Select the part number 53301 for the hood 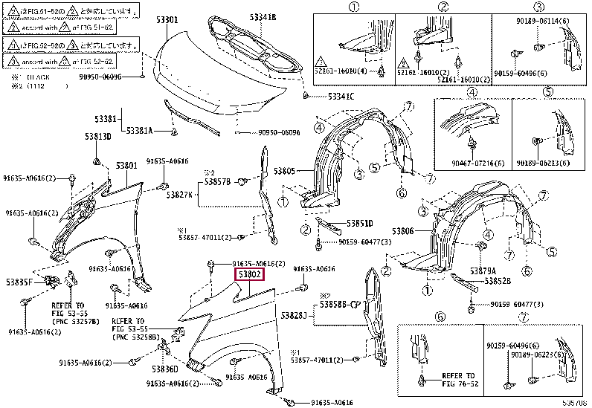(x=166, y=20)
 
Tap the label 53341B (x=263, y=16)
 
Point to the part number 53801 (x=126, y=165)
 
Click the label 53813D (x=97, y=137)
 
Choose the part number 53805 (x=286, y=171)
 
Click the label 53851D (x=360, y=224)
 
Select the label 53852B (x=498, y=281)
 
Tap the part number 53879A (x=483, y=271)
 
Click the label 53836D (x=165, y=369)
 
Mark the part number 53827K (x=180, y=195)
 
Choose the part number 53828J (x=294, y=316)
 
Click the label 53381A (x=139, y=131)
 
